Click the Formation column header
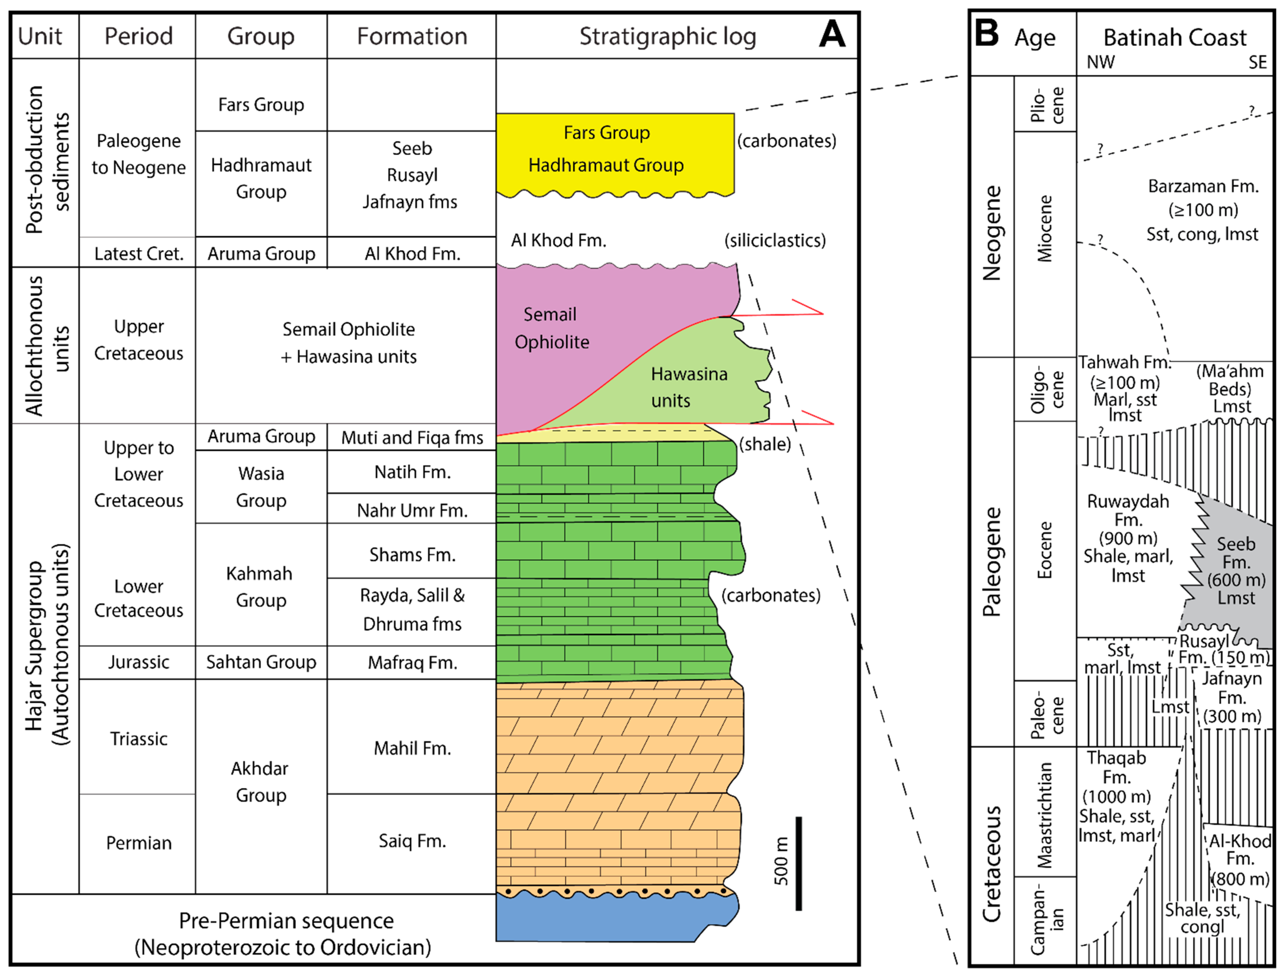click(x=412, y=36)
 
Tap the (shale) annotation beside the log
click(x=765, y=444)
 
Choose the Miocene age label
click(x=1045, y=229)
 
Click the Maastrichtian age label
click(x=1045, y=814)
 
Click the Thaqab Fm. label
click(x=1117, y=768)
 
